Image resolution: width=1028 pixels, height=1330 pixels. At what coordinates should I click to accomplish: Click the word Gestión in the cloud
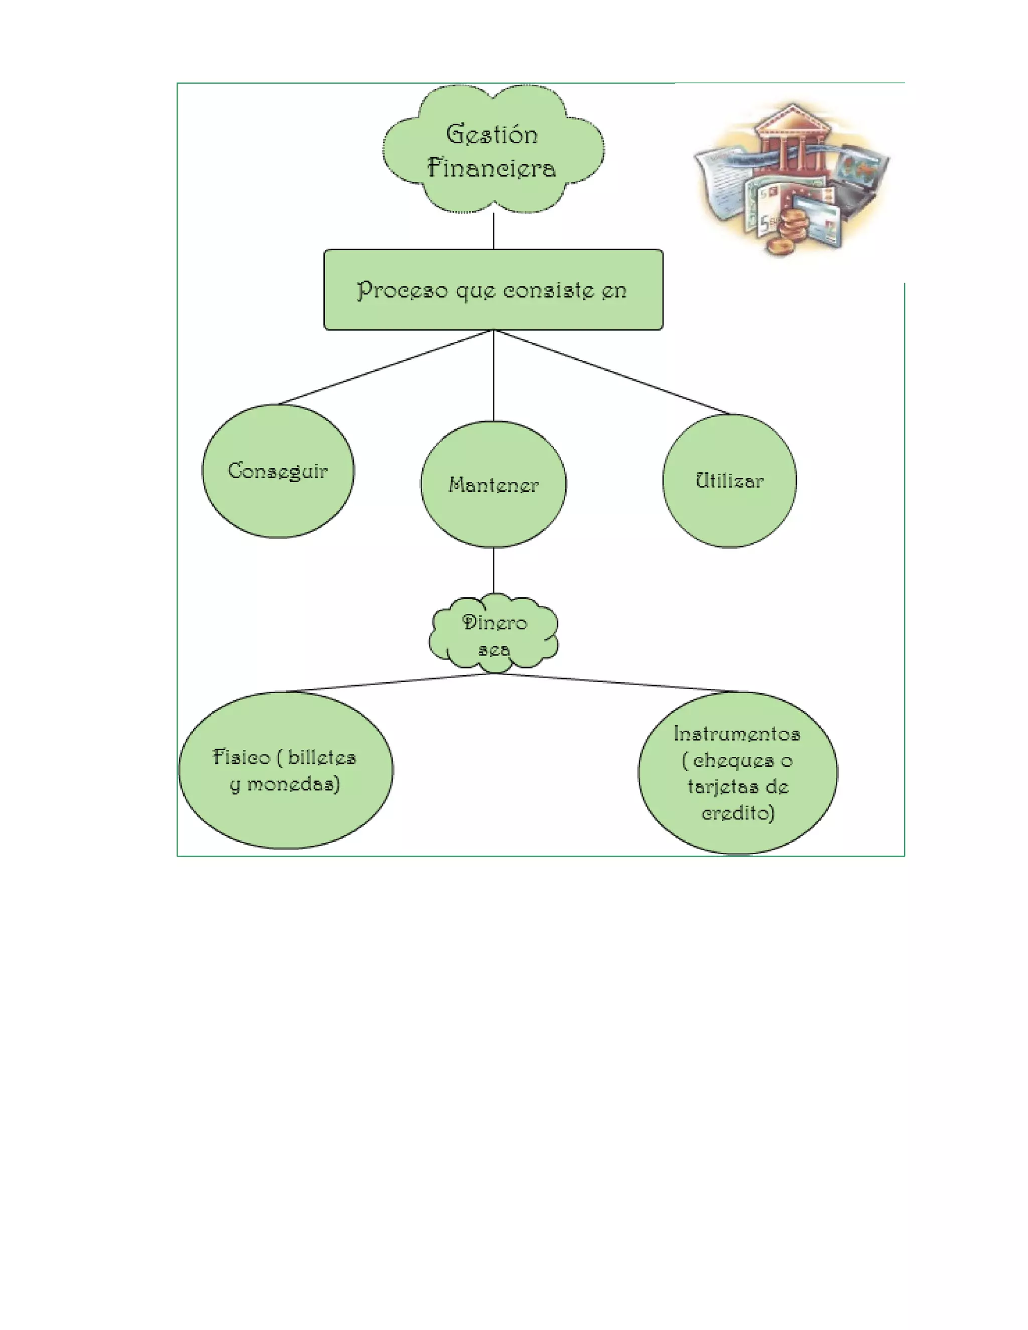[x=492, y=135]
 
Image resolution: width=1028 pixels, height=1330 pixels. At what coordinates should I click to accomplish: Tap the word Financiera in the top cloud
[x=491, y=168]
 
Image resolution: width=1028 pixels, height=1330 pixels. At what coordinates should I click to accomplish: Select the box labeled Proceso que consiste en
[x=493, y=290]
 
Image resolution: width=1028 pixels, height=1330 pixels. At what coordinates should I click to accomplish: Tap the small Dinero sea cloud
[x=494, y=635]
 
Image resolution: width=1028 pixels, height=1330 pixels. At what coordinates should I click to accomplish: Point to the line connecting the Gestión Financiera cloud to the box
[x=493, y=231]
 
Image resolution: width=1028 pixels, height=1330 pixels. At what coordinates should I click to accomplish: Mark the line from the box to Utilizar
[x=612, y=372]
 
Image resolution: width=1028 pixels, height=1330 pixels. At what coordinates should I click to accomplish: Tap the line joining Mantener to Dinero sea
[x=493, y=571]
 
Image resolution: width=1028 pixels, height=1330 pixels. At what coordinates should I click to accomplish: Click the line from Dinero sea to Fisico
[x=390, y=682]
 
